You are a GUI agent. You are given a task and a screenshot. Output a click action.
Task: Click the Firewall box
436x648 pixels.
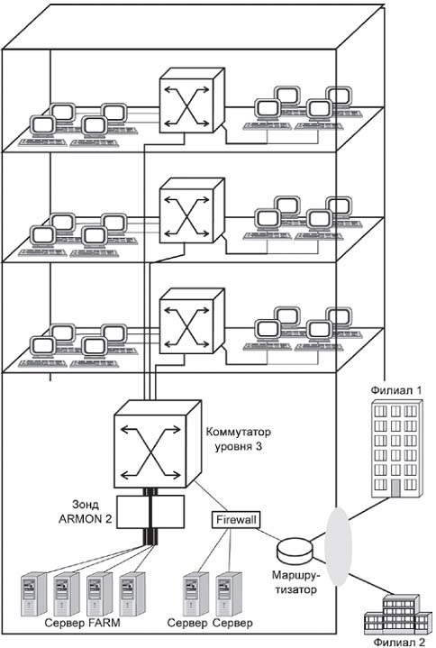click(x=237, y=519)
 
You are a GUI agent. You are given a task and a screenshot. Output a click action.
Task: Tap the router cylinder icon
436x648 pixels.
click(x=295, y=549)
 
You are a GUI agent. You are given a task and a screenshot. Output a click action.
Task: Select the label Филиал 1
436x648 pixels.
click(x=396, y=390)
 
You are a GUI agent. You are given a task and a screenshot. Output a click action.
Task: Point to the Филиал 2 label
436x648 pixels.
click(x=399, y=642)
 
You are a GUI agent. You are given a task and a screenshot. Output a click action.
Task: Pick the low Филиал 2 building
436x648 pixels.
click(x=396, y=613)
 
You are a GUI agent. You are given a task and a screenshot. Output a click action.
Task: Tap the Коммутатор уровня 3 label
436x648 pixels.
click(x=238, y=439)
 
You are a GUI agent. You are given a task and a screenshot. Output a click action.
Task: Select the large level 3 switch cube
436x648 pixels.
click(x=158, y=443)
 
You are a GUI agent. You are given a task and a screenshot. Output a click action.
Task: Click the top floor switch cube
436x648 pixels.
click(x=192, y=100)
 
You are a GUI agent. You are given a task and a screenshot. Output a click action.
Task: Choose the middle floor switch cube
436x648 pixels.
click(x=192, y=210)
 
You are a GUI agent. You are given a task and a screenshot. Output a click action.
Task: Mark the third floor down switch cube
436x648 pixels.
click(x=192, y=321)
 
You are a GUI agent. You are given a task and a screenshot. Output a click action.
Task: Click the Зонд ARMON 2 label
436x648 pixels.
click(x=85, y=512)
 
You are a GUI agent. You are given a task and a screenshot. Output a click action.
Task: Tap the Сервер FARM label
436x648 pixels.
click(x=82, y=623)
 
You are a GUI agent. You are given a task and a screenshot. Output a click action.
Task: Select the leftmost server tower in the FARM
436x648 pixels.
click(x=33, y=593)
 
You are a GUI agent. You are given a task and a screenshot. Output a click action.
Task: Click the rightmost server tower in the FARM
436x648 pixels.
click(x=132, y=593)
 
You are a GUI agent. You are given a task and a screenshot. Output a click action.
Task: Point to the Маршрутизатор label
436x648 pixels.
click(x=295, y=582)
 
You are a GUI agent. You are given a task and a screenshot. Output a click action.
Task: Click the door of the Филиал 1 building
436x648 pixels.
click(x=395, y=488)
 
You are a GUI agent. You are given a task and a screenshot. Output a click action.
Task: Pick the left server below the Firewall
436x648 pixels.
click(x=195, y=593)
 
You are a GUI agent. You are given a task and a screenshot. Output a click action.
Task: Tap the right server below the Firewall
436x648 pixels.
click(x=229, y=593)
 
